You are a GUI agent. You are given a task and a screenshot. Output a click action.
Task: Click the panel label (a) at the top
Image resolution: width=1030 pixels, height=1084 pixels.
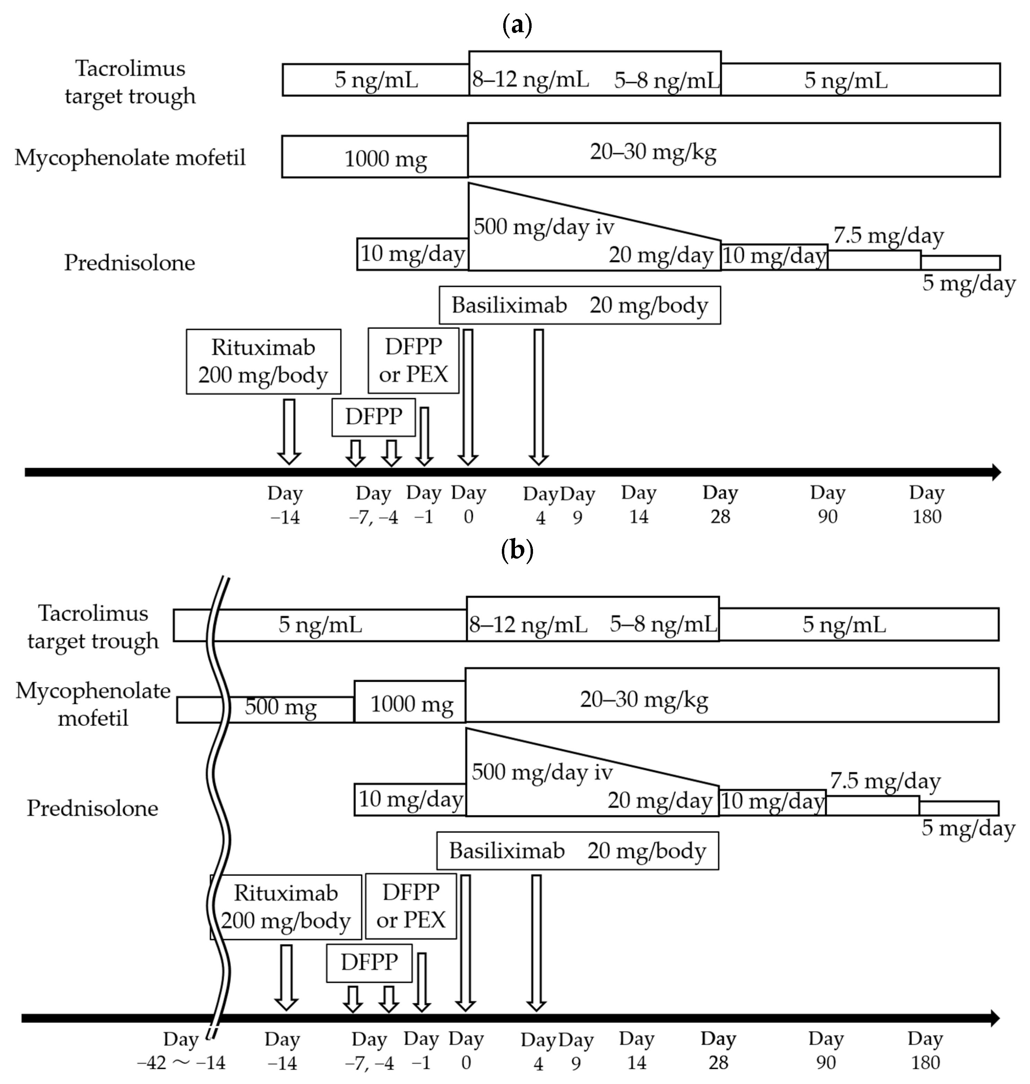point(517,26)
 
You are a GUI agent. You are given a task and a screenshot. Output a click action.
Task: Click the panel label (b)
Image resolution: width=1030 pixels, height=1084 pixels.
point(517,550)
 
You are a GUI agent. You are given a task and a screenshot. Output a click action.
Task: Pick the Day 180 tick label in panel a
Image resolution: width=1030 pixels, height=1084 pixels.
point(926,504)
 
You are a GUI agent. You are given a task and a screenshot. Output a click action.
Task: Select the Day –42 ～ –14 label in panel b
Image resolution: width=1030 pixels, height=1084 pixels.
point(181,1051)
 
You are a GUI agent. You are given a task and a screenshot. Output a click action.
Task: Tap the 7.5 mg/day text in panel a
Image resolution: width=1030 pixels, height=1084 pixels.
point(888,236)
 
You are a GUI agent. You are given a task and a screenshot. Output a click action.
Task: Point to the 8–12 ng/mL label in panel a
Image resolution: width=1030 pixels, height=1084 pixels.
point(530,80)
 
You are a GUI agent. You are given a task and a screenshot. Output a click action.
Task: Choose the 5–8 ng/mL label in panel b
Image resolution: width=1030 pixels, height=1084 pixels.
point(663,624)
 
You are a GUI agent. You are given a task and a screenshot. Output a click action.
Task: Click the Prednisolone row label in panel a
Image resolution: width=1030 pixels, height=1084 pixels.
point(130,263)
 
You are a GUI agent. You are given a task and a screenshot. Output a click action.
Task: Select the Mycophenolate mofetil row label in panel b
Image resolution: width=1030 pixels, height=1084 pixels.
point(93,704)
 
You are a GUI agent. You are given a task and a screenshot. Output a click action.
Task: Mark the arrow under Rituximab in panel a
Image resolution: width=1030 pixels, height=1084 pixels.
point(289,431)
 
